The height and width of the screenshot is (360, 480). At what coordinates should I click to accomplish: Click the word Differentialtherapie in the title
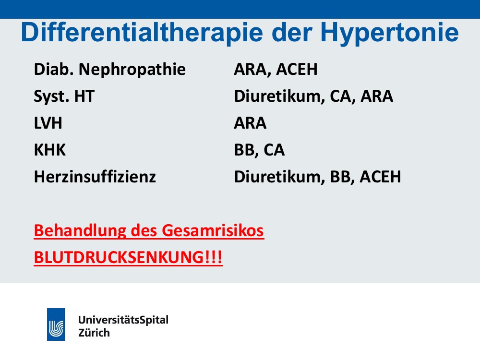(142, 33)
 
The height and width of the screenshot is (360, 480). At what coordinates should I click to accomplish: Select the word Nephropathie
(132, 70)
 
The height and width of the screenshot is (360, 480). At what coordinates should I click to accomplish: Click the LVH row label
(48, 123)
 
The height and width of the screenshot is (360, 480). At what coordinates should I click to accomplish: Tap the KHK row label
(50, 150)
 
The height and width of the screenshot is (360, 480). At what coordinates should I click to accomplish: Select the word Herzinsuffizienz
(95, 177)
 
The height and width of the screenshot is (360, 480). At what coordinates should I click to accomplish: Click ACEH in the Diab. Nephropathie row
(297, 69)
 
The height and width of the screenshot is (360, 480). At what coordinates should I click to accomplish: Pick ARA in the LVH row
(250, 123)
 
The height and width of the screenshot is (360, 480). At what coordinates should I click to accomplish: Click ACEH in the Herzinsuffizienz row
(380, 177)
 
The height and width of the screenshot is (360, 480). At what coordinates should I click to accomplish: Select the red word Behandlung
(80, 231)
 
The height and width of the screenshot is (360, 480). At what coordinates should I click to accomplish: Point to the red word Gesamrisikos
(213, 230)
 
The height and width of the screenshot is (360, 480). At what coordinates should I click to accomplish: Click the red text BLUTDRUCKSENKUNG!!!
(128, 257)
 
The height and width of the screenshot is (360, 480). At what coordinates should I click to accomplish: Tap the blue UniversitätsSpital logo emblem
(56, 324)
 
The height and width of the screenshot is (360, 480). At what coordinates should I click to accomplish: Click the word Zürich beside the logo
(94, 333)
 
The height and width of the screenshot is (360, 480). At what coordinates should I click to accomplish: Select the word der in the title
(292, 33)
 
